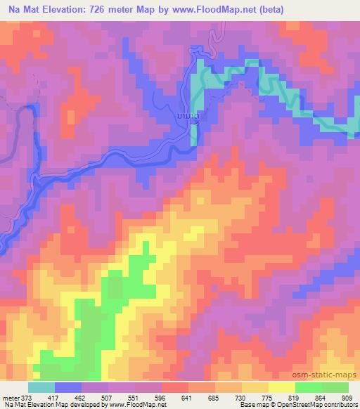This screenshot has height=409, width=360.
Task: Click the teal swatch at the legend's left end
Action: [x=41, y=387]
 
